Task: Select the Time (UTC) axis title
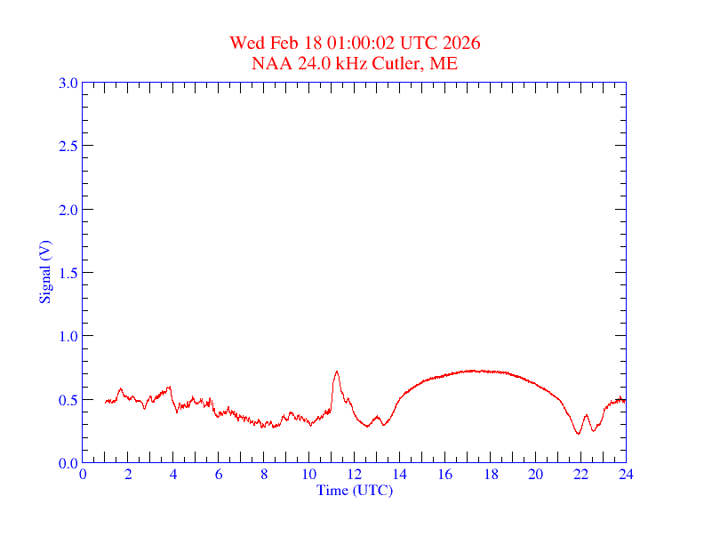tap(355, 490)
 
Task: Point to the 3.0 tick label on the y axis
tap(68, 83)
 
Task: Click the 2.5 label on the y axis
tap(68, 146)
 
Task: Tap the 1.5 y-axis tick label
tap(68, 273)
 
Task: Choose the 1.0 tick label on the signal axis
tap(68, 336)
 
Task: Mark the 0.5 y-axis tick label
tap(68, 399)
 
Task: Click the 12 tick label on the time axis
tap(355, 475)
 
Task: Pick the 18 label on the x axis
tap(490, 475)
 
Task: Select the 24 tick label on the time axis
tap(626, 475)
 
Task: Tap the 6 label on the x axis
tap(219, 475)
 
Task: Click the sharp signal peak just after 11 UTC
tap(336, 372)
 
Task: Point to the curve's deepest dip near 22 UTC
tap(578, 434)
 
